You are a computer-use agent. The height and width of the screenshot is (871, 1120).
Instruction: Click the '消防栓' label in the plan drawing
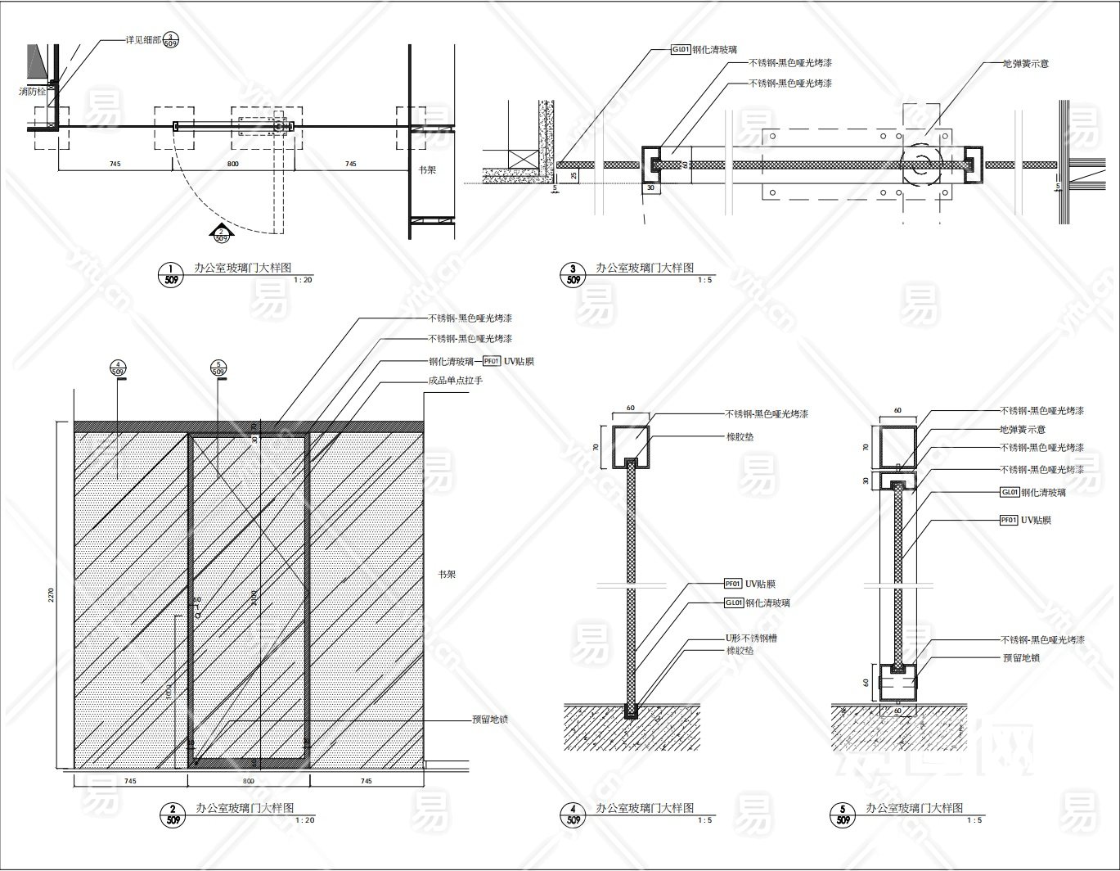click(x=34, y=91)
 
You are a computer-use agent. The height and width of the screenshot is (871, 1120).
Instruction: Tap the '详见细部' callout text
click(x=141, y=39)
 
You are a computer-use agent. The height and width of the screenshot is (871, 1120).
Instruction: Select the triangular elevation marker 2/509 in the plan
click(x=221, y=234)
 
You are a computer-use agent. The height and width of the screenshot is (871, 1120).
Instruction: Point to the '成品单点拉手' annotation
click(x=456, y=381)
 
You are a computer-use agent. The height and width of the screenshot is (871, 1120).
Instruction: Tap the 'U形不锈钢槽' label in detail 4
click(x=750, y=637)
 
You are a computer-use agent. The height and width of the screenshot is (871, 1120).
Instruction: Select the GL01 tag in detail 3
click(x=681, y=50)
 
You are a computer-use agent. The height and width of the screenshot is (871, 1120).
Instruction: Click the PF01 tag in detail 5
click(x=1009, y=520)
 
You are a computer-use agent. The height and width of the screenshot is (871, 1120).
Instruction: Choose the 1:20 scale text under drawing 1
click(x=303, y=281)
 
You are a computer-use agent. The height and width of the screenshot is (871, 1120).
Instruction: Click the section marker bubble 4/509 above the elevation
click(x=118, y=368)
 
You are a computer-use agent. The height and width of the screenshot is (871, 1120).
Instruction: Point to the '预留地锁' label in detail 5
click(x=1021, y=657)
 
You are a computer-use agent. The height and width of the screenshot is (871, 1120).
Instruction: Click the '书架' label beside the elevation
click(x=447, y=575)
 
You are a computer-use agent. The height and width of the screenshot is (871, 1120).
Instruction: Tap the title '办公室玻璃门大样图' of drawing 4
click(x=645, y=808)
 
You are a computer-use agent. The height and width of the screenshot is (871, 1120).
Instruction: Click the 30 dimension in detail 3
click(x=651, y=187)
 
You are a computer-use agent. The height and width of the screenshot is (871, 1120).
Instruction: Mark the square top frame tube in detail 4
click(x=631, y=442)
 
